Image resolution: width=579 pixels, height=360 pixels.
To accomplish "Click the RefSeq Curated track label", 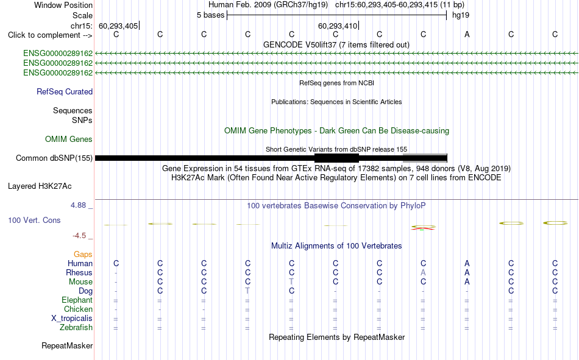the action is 65,91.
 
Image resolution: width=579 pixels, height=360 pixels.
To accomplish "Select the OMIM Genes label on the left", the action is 69,139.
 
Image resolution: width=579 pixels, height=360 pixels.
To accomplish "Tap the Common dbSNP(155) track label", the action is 54,158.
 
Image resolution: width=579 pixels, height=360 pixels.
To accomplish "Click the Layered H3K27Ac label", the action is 40,186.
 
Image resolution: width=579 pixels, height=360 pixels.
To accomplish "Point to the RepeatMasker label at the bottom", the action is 67,345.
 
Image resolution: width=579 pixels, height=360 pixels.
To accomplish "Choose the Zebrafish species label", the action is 76,328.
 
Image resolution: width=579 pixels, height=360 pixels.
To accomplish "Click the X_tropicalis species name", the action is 72,319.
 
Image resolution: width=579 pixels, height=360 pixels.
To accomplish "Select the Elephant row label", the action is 77,300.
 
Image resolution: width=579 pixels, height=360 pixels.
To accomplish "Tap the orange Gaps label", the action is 83,254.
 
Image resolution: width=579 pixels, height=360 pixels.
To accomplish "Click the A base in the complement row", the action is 467,34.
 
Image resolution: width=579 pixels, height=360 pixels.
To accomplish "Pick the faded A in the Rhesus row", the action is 423,272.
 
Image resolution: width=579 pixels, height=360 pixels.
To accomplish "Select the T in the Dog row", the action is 248,291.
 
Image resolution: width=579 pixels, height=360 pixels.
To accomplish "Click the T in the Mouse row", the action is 292,281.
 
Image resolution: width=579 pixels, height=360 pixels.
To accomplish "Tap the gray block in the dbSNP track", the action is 425,158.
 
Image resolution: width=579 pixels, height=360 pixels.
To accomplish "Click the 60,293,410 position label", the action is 338,26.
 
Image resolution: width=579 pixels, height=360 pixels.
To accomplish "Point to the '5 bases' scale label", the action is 210,15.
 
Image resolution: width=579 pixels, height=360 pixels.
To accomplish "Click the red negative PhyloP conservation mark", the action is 423,228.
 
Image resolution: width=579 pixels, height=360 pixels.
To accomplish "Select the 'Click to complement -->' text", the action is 50,35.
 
